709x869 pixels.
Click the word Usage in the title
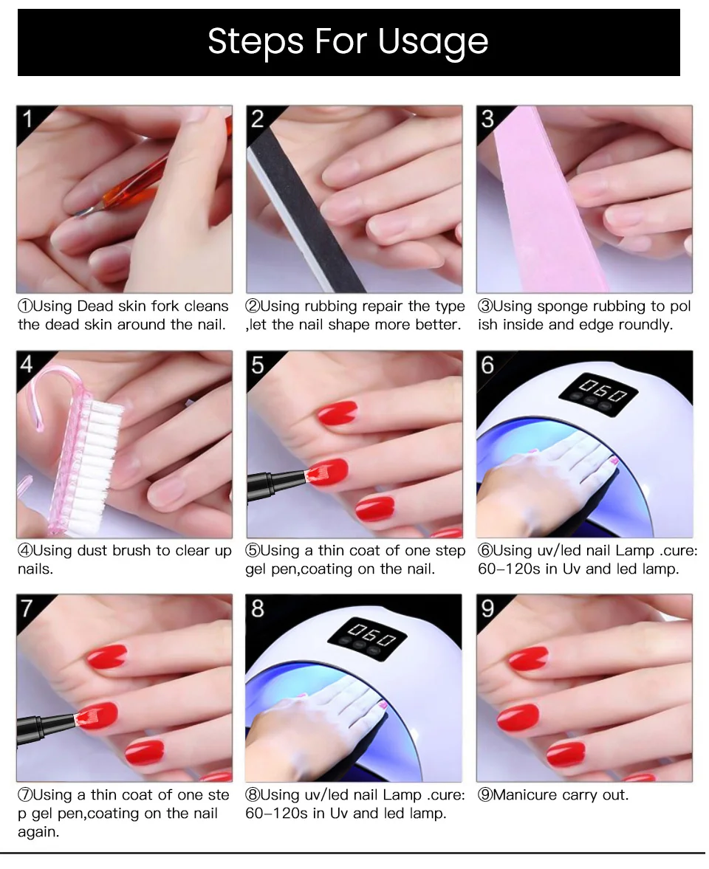[433, 42]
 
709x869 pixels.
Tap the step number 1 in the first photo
[27, 118]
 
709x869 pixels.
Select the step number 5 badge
[257, 364]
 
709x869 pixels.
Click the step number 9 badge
[487, 608]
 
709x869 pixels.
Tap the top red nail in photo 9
[528, 657]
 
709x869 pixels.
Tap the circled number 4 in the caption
[24, 551]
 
